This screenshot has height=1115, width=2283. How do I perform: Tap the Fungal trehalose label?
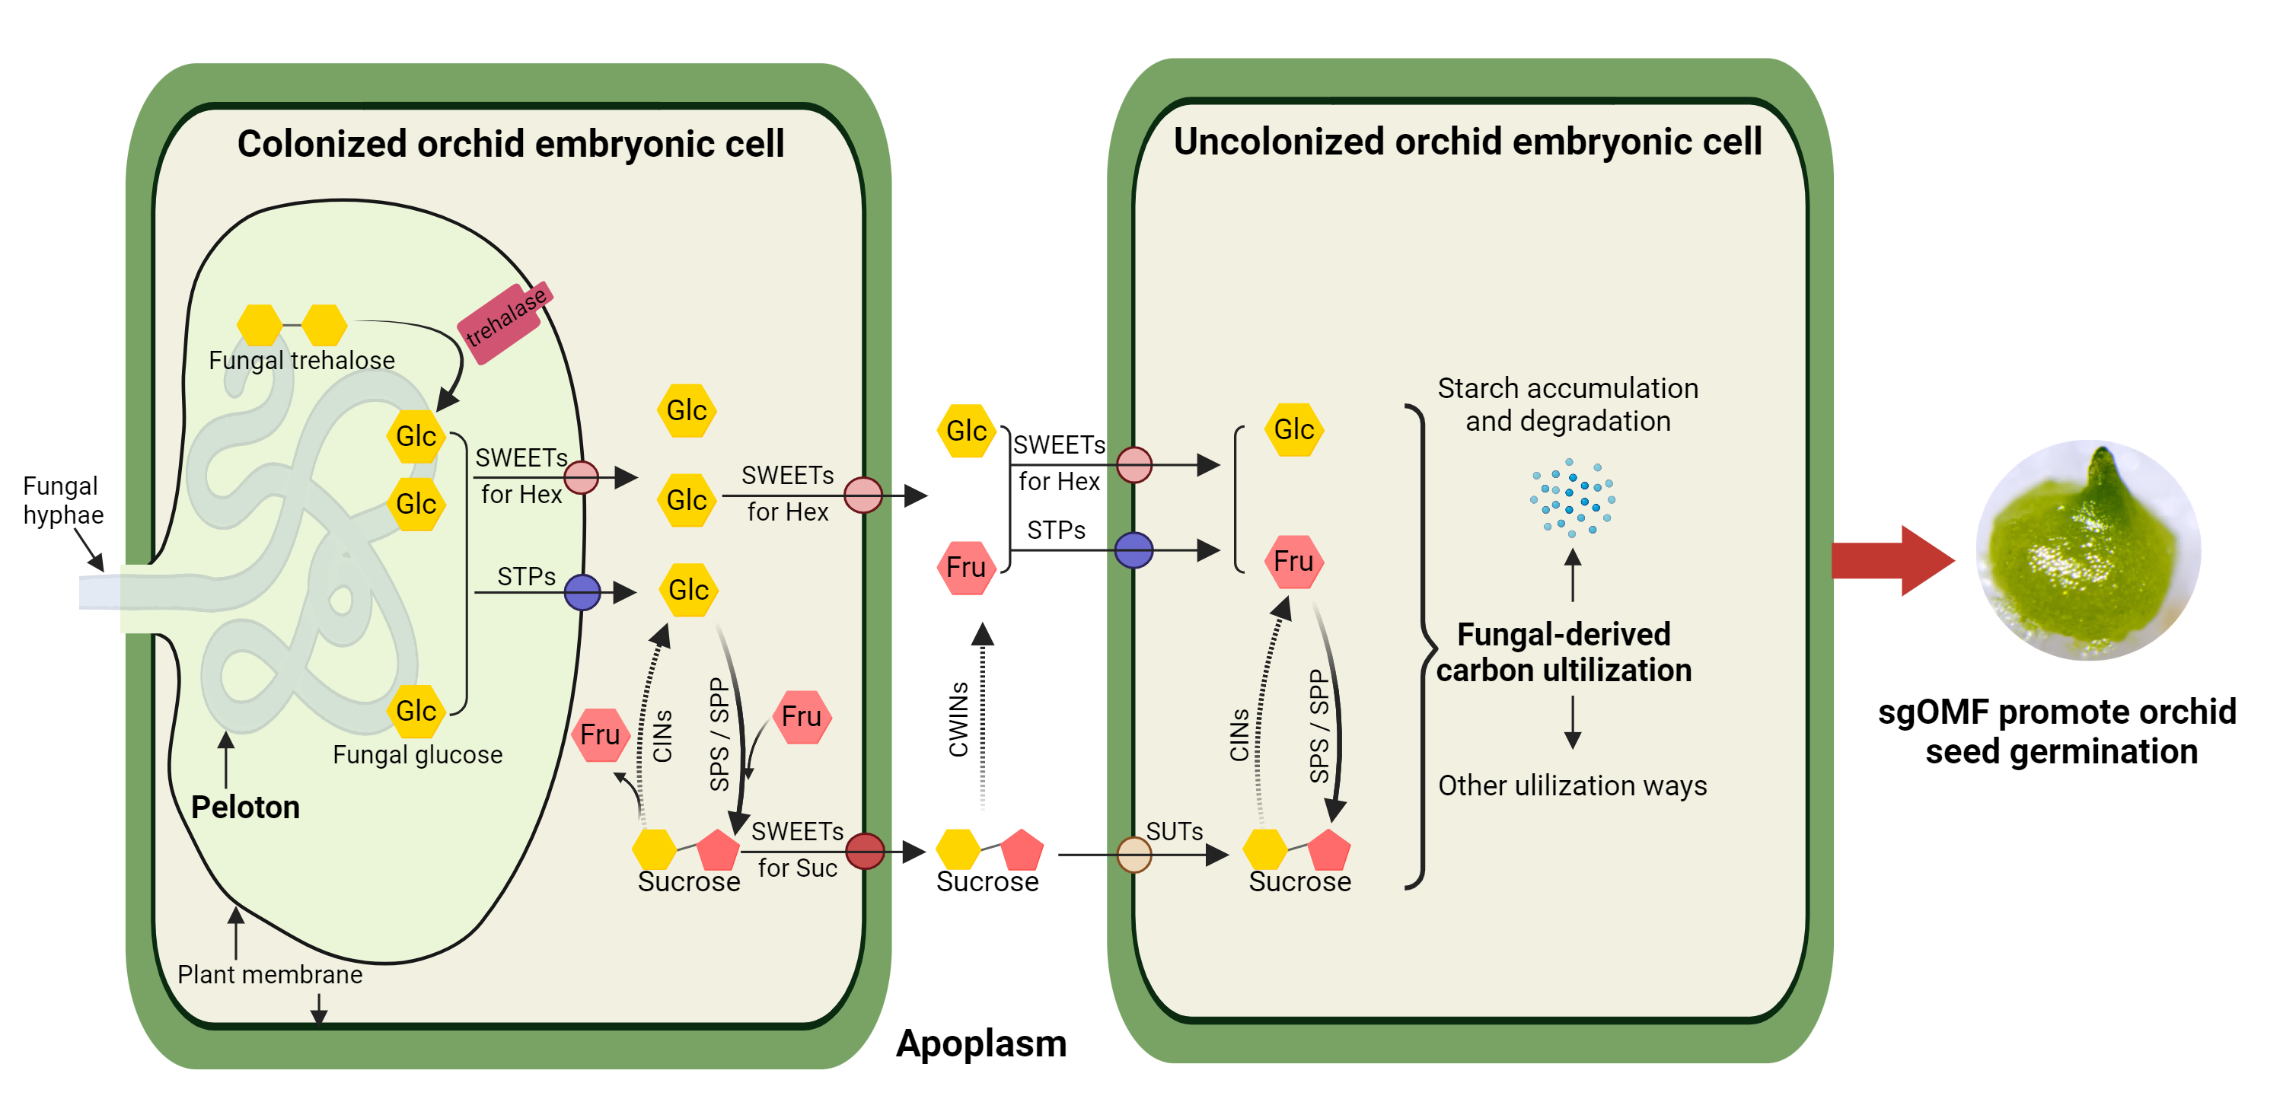point(301,361)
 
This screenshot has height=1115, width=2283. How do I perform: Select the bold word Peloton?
point(245,808)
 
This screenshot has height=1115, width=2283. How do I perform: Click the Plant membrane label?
point(269,975)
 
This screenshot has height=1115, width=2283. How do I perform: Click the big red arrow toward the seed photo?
point(1892,560)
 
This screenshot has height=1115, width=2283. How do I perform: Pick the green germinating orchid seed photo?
point(2087,550)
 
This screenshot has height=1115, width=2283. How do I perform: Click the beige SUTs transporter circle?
point(1134,855)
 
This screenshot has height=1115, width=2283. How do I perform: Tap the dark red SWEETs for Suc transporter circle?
point(865,852)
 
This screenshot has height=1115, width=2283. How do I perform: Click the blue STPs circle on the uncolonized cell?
point(1134,550)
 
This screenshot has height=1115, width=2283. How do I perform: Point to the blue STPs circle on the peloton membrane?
point(582,592)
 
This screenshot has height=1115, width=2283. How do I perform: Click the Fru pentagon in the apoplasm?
point(965,567)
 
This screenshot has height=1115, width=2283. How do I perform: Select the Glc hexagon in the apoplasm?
point(965,432)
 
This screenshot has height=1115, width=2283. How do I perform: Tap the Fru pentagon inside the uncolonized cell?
point(1293,562)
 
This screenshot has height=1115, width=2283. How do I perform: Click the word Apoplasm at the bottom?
point(980,1044)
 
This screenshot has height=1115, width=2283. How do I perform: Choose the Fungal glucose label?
point(417,755)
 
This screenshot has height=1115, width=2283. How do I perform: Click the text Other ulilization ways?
point(1571,786)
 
